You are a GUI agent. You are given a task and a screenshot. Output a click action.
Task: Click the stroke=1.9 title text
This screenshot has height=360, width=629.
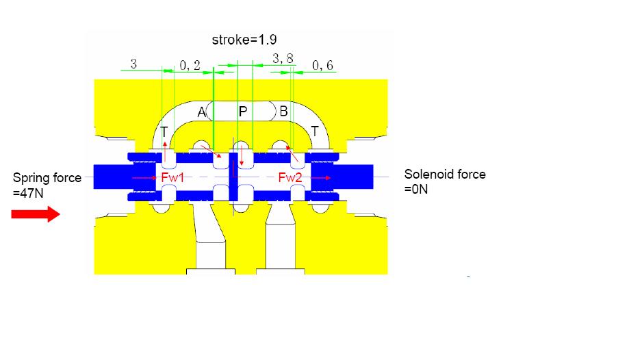244,40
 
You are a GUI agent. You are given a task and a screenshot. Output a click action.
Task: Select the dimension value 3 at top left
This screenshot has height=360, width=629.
133,64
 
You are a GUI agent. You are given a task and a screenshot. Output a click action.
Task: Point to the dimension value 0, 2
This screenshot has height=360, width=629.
190,65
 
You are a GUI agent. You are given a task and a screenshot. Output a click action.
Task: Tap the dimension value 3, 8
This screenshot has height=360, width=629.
283,59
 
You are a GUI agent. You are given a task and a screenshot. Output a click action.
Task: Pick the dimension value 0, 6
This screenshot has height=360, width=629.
322,65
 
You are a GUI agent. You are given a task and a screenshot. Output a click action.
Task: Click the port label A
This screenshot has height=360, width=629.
201,112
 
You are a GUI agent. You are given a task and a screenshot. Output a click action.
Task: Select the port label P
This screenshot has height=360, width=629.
243,112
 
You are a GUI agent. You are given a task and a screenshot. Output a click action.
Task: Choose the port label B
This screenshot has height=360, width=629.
283,111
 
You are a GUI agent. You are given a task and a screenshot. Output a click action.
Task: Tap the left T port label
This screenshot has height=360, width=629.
164,131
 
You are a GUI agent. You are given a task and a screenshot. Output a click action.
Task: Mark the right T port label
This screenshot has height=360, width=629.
315,131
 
